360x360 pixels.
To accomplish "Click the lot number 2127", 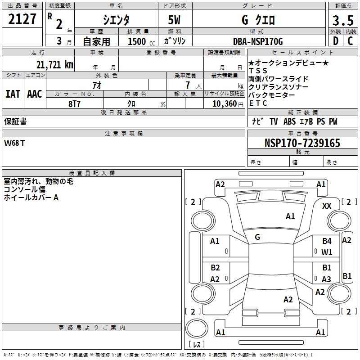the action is tap(22, 19).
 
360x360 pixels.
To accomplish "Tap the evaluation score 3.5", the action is tap(342, 20).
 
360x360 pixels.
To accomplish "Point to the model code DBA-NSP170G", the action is tap(258, 41).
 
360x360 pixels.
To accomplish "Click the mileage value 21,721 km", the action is tap(51, 64).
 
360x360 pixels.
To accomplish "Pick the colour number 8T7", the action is tap(75, 103).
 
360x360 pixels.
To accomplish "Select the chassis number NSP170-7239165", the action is tap(302, 144).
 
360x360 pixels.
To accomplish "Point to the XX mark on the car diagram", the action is tap(327, 206).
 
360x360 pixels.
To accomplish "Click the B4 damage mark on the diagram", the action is tap(327, 241).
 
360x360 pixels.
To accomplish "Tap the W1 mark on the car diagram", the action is tap(327, 252).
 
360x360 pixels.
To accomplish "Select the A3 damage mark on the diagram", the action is tap(327, 279).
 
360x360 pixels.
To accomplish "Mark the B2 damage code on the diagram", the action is tap(215, 268).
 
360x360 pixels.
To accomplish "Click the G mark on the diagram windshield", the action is tap(257, 237).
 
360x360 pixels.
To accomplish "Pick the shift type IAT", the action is tap(13, 94).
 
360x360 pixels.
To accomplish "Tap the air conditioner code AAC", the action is tap(34, 94).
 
